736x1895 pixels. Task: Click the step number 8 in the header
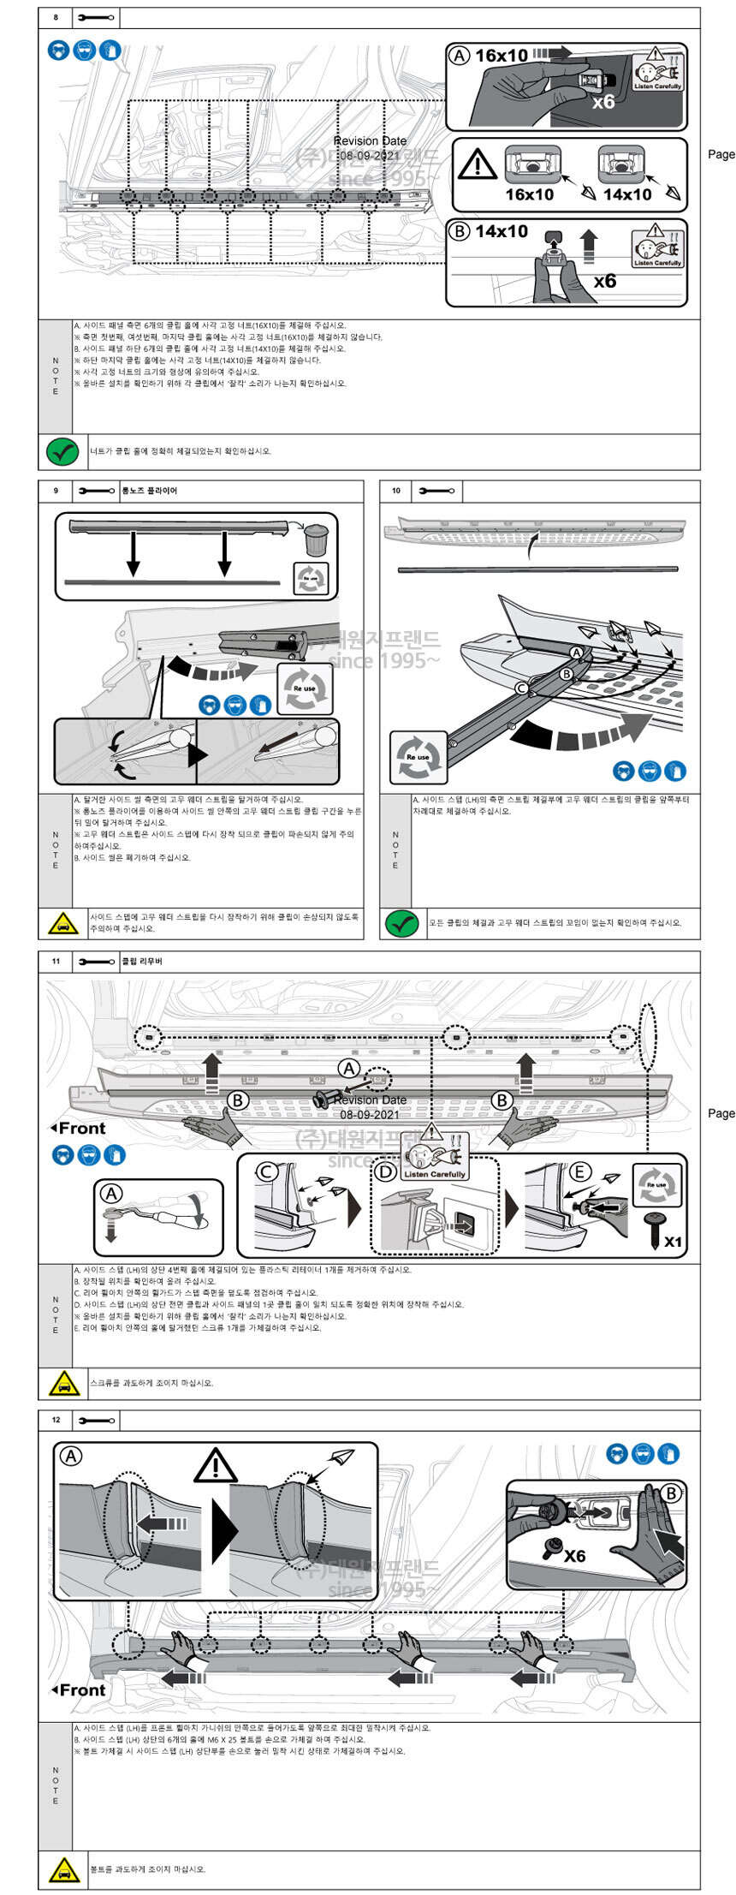56,17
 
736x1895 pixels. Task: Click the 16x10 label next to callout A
502,56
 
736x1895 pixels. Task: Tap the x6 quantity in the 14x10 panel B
605,281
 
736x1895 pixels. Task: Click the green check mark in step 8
62,451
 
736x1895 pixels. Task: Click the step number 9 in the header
56,491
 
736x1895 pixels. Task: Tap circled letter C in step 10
520,688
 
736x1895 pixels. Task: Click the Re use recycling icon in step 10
418,757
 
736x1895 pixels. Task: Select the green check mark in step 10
402,923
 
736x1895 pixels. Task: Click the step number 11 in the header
56,961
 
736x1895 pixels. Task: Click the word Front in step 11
82,1129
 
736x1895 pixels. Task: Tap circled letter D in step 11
386,1171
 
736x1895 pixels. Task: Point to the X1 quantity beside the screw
673,1242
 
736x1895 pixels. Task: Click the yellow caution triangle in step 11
62,1383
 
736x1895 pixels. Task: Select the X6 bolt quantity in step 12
574,1556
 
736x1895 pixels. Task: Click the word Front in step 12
82,1690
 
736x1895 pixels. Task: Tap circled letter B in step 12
670,1493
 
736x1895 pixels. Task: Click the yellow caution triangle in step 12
62,1869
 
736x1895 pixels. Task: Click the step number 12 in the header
56,1420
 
